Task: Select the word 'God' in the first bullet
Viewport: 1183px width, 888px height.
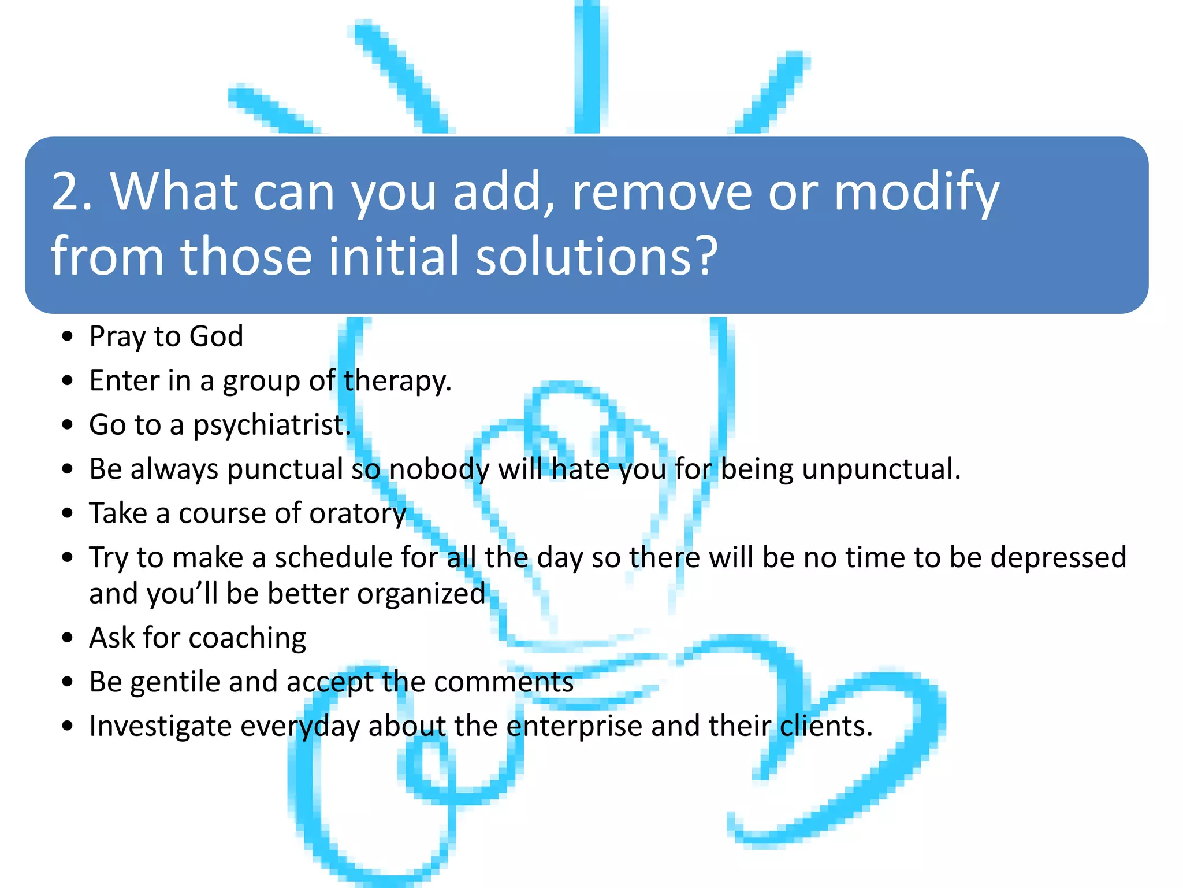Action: [x=216, y=336]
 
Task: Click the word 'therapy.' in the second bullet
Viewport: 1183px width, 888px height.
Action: [x=397, y=382]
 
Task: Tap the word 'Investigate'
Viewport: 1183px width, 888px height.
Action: [x=160, y=727]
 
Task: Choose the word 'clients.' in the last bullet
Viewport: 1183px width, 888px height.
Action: [x=826, y=726]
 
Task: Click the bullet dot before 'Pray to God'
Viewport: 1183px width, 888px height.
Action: [x=68, y=336]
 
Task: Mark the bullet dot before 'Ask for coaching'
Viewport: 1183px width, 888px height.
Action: [x=68, y=638]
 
